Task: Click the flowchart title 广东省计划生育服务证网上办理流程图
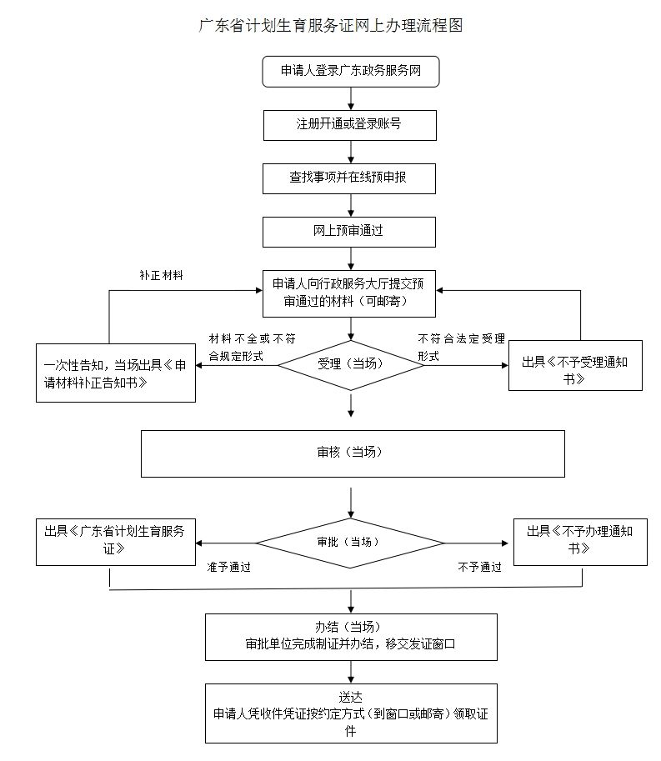point(330,25)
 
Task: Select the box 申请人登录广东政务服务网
point(350,72)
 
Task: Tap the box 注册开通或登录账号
point(349,124)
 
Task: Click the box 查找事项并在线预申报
point(349,178)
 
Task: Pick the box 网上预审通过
point(349,232)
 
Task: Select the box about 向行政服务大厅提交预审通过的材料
point(349,292)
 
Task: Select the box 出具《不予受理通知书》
point(575,365)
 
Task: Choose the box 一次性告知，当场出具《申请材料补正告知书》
point(116,373)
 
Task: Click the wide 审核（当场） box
point(353,453)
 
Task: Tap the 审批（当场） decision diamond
point(349,543)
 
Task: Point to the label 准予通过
point(229,567)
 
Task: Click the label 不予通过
point(479,567)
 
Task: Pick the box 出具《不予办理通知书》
point(580,541)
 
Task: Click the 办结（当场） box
point(351,637)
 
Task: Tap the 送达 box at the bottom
point(351,713)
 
